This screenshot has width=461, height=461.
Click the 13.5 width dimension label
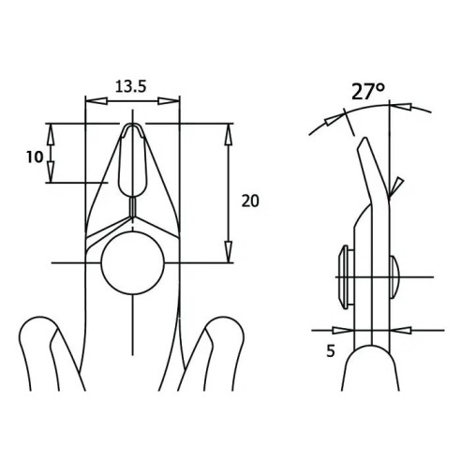pos(131,86)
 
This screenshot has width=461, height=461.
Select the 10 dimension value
pos(35,156)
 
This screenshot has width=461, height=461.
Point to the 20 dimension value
pos(250,201)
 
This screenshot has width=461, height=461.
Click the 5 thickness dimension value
pos(331,351)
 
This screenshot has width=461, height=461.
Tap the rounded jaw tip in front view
pos(133,125)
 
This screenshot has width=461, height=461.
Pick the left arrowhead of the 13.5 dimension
pos(97,100)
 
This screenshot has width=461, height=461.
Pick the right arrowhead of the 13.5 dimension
pos(169,101)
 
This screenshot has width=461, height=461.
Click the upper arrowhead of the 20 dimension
pos(229,134)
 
